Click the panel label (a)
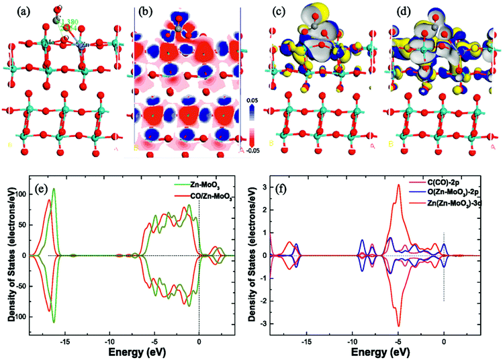click(13, 11)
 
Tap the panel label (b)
click(146, 11)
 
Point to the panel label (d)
click(401, 11)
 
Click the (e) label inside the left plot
click(44, 188)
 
